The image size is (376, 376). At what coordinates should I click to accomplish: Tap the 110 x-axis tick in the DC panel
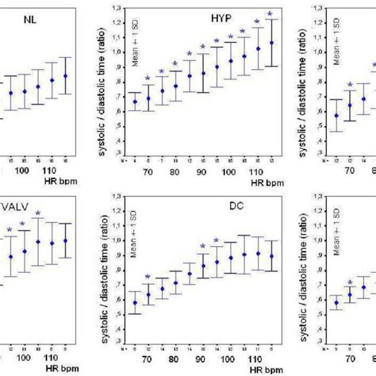[255, 358]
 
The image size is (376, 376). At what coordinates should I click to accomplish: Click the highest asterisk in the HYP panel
[271, 14]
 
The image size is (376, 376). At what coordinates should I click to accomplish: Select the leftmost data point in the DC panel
[134, 302]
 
